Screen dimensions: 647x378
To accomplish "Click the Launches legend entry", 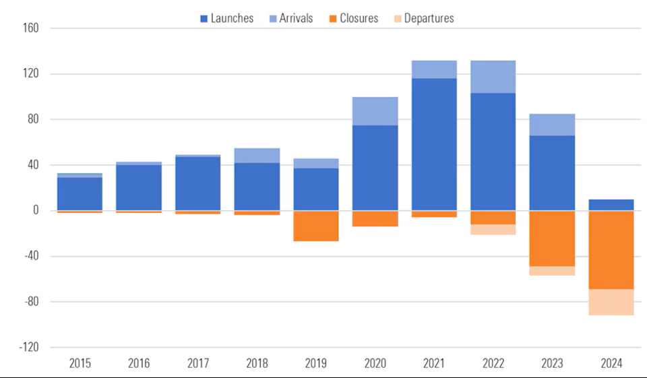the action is click(226, 18).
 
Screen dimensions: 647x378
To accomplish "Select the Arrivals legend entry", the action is click(291, 18).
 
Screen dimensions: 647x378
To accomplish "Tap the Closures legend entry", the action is click(354, 18).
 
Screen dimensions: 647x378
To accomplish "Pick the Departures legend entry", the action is click(424, 18).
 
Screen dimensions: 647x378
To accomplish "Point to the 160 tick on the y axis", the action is click(31, 28).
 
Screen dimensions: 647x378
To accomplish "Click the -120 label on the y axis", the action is click(29, 348).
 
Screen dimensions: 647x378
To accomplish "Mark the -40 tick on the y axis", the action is click(32, 256).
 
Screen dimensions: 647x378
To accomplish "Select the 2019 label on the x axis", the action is click(315, 363).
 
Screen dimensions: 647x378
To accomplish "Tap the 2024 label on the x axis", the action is click(611, 363).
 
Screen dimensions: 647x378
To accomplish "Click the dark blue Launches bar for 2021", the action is click(434, 144).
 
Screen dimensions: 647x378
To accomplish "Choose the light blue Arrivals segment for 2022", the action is click(493, 77).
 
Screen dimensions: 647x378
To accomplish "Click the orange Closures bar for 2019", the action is click(316, 226).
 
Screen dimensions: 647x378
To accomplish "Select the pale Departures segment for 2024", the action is click(611, 302).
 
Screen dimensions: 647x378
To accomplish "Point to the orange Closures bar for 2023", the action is click(552, 239).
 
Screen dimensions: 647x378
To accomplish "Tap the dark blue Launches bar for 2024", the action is click(611, 205).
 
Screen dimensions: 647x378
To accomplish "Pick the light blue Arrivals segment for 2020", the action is click(375, 111).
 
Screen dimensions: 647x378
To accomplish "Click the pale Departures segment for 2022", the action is click(493, 230).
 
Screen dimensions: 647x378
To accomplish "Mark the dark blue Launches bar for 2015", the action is click(80, 194).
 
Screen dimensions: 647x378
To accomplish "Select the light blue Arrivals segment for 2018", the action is click(257, 156).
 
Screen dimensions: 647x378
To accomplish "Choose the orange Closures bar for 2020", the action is click(375, 219).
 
